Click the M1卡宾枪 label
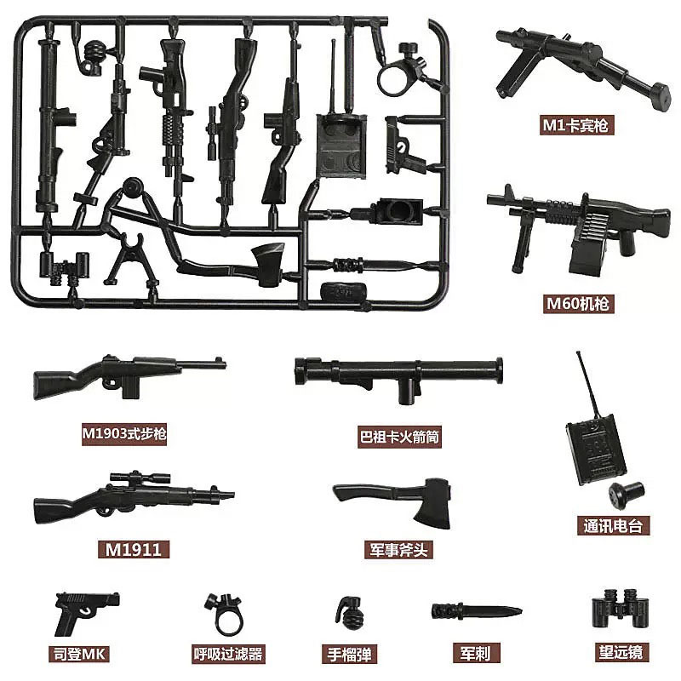(x=578, y=126)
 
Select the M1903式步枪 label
(x=124, y=434)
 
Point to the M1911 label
(x=124, y=549)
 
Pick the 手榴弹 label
(x=354, y=654)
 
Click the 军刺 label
(x=475, y=654)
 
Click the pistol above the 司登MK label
(x=84, y=607)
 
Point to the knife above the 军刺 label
(x=474, y=609)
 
